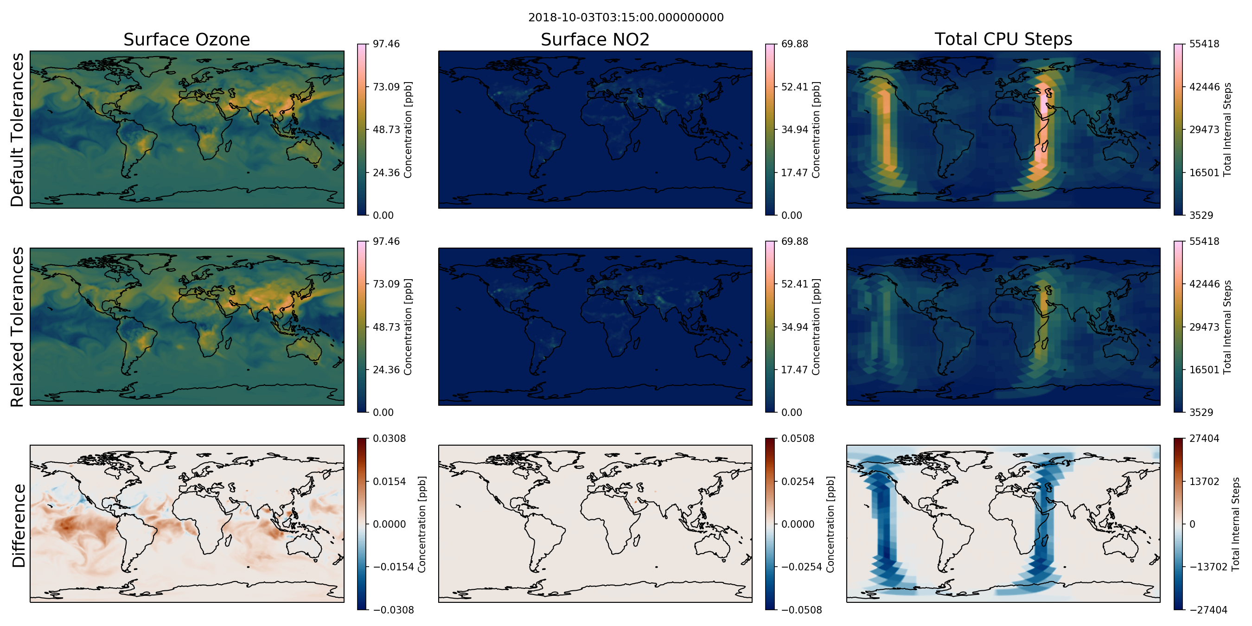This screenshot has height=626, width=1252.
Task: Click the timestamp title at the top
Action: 626,18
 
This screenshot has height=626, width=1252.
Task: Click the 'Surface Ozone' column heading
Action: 186,39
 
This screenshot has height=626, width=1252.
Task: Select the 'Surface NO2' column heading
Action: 595,39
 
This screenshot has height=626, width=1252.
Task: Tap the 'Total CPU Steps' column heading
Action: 1003,39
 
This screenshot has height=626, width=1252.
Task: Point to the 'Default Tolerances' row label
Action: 17,130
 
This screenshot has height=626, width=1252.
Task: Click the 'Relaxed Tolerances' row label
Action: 17,326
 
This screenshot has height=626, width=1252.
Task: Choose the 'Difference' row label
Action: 19,525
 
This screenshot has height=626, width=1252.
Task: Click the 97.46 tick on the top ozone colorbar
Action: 386,44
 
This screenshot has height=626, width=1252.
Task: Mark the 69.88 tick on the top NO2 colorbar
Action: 795,44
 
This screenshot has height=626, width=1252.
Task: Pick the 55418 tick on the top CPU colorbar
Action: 1204,44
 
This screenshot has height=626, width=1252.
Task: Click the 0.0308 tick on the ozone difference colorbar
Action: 390,438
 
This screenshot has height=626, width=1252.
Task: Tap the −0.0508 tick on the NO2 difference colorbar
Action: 801,610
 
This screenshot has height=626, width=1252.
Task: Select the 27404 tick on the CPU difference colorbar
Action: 1204,438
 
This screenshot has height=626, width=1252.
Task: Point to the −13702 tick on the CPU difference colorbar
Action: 1208,567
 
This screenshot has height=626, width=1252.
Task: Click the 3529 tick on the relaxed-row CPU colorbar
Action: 1201,413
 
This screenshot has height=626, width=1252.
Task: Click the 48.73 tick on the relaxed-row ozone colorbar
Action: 386,327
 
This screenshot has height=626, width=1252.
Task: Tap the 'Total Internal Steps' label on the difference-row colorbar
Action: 1236,524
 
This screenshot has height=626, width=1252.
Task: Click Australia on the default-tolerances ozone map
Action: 304,152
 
